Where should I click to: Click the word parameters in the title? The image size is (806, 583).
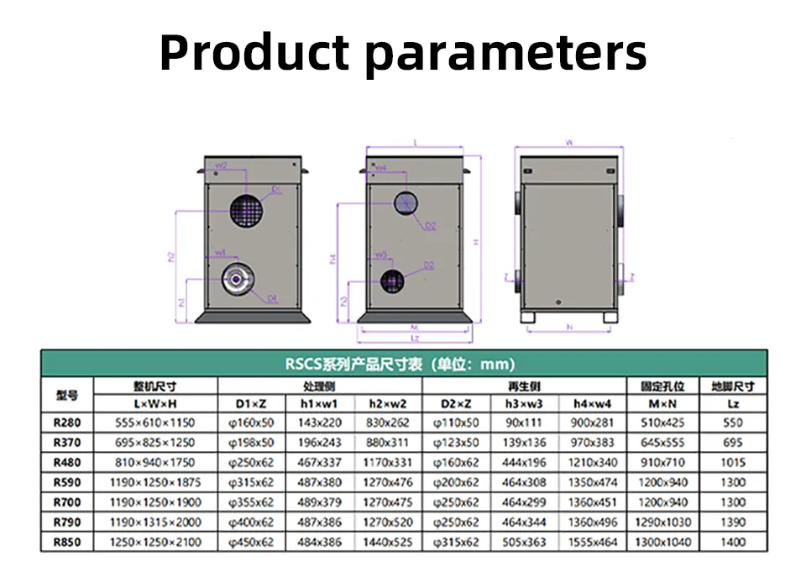[x=507, y=54]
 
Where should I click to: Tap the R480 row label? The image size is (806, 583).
[x=67, y=462]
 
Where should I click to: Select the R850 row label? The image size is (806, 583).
[x=67, y=543]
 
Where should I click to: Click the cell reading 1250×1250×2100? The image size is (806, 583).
[x=155, y=543]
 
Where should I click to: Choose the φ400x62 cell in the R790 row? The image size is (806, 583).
[x=252, y=523]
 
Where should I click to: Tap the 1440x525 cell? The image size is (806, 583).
[x=388, y=543]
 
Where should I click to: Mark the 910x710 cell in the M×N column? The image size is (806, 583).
[x=662, y=462]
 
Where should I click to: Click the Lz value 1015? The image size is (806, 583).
[x=733, y=462]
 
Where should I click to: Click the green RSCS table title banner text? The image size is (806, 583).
[x=400, y=364]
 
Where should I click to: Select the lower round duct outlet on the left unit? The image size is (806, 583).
[x=236, y=278]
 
